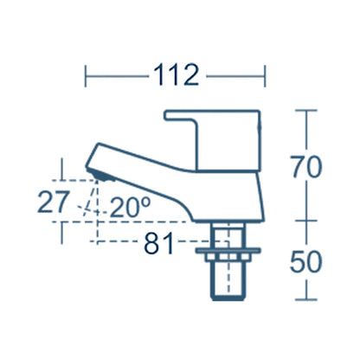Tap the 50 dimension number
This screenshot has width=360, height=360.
[309, 261]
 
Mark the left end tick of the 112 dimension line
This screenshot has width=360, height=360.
[87, 76]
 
